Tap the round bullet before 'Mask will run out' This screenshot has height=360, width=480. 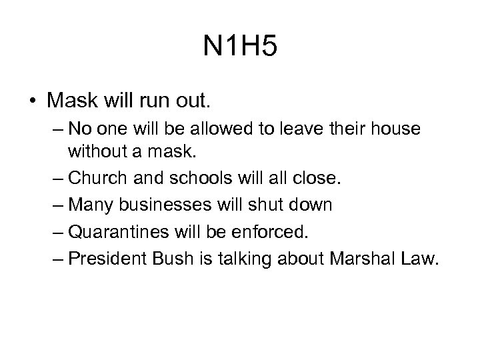(32, 101)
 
